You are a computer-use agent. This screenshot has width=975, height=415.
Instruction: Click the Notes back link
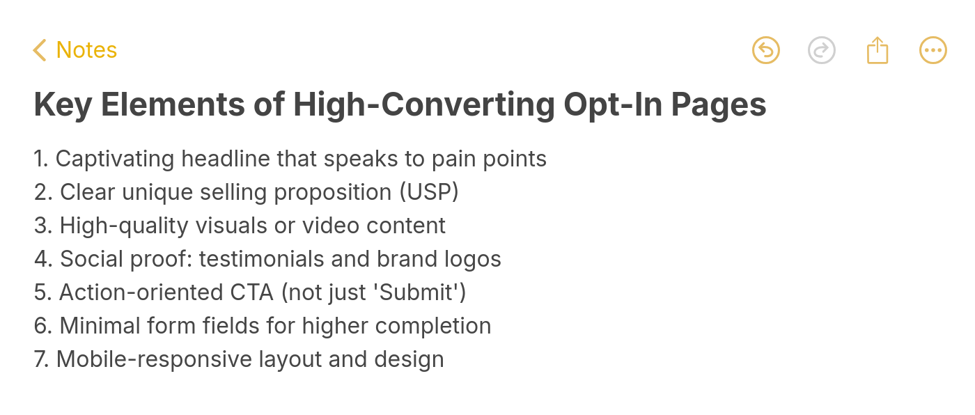(x=86, y=50)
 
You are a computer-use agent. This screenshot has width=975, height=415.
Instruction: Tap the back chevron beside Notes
(x=40, y=50)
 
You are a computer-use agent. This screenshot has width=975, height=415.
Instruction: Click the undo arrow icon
(x=766, y=50)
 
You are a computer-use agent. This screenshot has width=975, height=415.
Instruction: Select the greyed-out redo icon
(x=822, y=50)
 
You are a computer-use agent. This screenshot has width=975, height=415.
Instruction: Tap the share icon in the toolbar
(x=877, y=50)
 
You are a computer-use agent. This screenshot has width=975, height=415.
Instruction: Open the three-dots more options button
(x=933, y=50)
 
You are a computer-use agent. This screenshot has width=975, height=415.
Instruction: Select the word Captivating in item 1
(x=115, y=159)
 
